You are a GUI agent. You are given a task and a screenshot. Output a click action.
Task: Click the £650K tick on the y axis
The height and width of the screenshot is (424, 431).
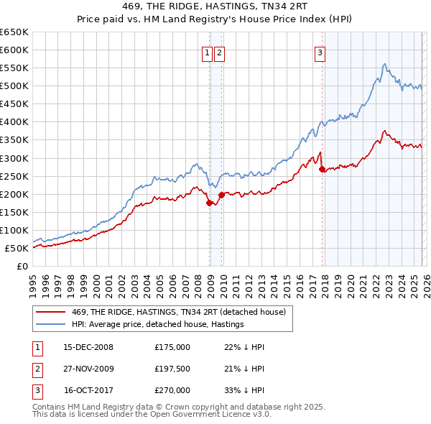14,32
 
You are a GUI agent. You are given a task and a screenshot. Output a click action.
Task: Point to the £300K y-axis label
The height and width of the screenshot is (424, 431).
14,158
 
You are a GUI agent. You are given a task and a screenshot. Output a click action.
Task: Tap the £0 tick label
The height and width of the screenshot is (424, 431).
21,267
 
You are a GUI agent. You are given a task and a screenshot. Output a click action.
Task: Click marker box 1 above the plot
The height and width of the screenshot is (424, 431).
207,52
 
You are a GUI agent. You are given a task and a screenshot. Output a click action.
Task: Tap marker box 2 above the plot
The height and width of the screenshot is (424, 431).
218,52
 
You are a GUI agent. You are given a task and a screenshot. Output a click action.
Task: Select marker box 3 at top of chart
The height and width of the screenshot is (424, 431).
319,52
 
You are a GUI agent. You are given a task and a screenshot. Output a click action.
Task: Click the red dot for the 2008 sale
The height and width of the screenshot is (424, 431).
209,203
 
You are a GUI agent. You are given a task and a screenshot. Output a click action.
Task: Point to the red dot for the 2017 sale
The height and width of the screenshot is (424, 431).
322,169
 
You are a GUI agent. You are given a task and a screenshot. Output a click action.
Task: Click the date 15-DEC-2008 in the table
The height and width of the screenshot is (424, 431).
88,347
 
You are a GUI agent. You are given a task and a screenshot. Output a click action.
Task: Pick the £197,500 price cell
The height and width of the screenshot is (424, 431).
172,369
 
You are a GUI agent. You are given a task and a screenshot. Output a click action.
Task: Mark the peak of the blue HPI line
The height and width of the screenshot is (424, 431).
385,64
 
